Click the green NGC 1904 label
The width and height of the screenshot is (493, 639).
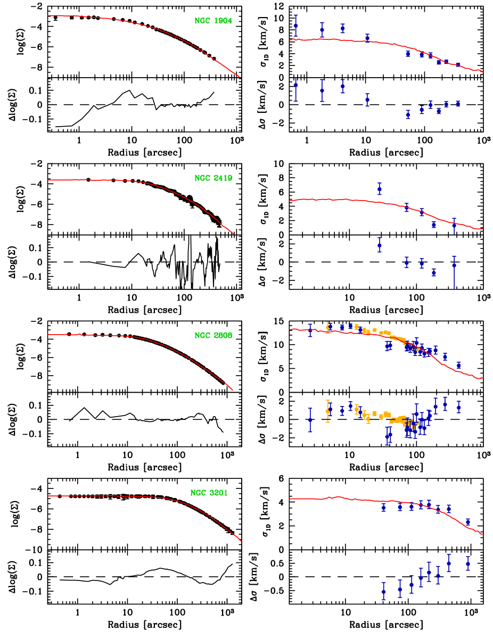click(x=213, y=21)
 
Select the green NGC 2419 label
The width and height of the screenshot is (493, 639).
click(x=213, y=178)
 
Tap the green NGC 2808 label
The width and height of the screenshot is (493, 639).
click(x=213, y=335)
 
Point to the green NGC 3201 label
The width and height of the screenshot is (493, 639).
click(x=209, y=493)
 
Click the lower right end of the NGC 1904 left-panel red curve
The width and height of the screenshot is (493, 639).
click(x=240, y=77)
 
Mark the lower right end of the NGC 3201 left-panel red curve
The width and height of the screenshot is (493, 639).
click(x=242, y=542)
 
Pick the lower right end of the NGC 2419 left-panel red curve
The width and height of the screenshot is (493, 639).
click(x=234, y=234)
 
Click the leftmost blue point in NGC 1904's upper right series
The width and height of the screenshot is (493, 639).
click(x=295, y=26)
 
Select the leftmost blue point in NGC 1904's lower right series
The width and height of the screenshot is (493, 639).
click(x=295, y=85)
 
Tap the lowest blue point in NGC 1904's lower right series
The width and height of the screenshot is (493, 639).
click(x=408, y=114)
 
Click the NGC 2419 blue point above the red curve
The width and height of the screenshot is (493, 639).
click(x=380, y=189)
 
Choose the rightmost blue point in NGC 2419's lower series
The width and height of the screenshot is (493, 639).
click(x=454, y=265)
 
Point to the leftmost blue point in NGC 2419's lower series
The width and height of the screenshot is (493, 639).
click(x=380, y=245)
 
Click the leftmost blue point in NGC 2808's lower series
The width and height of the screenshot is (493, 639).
click(x=310, y=420)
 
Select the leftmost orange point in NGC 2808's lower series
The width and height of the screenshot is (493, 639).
click(x=328, y=411)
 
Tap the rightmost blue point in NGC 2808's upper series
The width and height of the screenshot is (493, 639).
click(x=458, y=365)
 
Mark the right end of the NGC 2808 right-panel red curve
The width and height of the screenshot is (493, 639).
click(x=482, y=378)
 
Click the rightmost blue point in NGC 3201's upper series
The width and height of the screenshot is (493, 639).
click(x=468, y=521)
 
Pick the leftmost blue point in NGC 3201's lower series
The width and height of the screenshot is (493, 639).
click(x=383, y=591)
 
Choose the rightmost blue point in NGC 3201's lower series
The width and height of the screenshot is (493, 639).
click(x=468, y=563)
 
